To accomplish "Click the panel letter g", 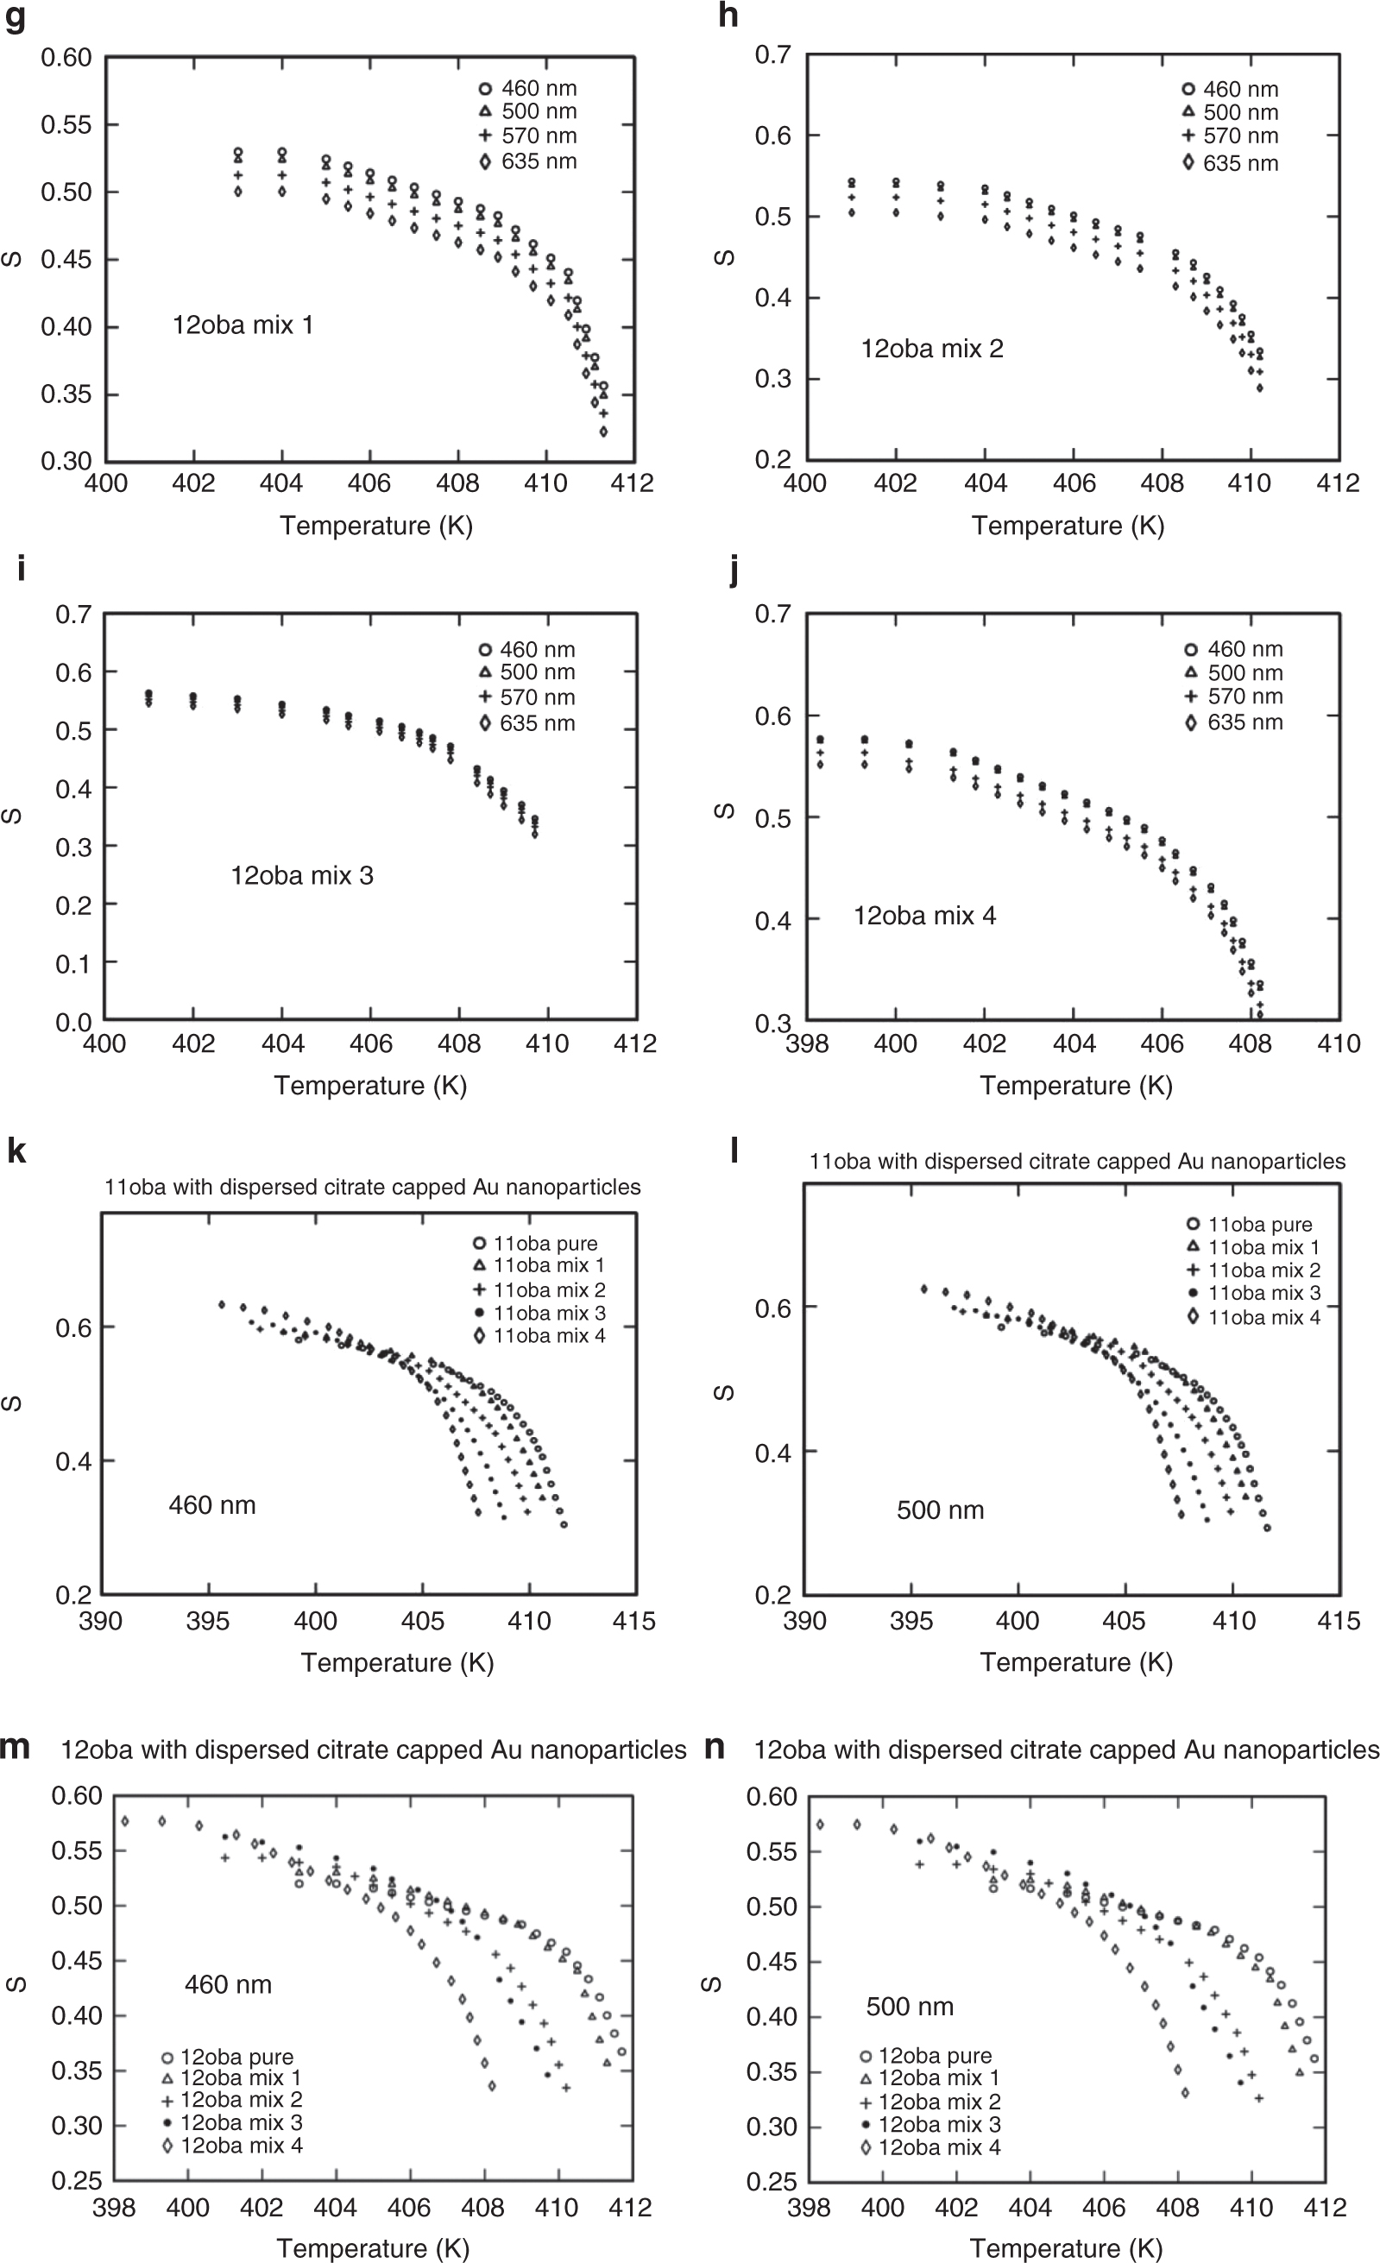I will click(x=15, y=17).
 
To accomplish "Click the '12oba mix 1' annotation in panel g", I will click(x=243, y=325).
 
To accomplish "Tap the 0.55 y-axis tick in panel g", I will click(x=66, y=125).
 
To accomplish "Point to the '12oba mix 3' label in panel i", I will click(x=302, y=875).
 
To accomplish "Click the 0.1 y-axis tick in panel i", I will click(x=73, y=963).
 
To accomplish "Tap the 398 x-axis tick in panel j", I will click(x=807, y=1043).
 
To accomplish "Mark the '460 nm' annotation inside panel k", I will click(x=212, y=1504).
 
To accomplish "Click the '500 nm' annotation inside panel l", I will click(x=940, y=1510).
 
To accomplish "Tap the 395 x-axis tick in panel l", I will click(x=911, y=1620).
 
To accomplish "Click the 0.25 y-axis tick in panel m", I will click(x=76, y=2180).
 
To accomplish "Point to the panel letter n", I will click(x=715, y=1747).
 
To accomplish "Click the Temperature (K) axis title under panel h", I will click(x=1068, y=526).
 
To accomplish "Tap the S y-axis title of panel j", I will click(x=723, y=811).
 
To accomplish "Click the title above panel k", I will click(x=373, y=1187).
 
